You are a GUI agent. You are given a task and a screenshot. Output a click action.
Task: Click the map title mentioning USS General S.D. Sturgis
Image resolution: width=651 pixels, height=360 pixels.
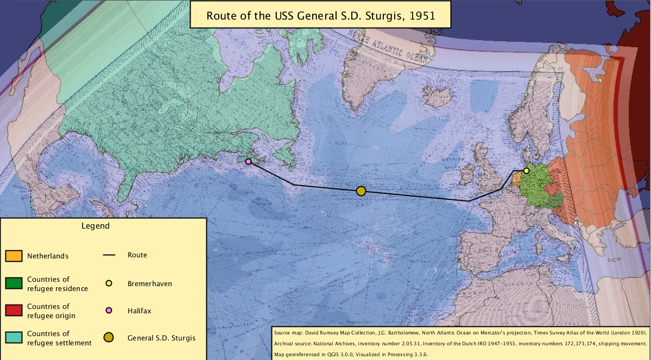click(320, 15)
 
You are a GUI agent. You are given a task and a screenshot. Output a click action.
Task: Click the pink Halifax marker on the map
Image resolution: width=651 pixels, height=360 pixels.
click(248, 161)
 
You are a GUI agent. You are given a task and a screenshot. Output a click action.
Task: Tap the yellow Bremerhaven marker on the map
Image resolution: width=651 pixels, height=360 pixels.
click(526, 170)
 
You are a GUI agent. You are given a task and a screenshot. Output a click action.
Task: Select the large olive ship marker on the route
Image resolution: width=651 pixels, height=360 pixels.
click(361, 191)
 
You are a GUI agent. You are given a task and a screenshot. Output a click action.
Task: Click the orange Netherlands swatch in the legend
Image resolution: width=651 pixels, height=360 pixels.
click(14, 255)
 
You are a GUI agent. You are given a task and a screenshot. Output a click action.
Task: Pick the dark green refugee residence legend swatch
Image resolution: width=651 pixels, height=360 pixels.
click(14, 283)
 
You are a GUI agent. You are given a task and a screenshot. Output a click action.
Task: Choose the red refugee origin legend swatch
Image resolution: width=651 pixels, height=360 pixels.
click(14, 311)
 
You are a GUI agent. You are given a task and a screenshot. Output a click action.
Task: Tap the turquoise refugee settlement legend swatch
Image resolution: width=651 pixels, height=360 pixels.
click(14, 338)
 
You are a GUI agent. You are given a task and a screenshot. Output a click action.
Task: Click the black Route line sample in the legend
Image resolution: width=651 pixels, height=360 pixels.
click(109, 255)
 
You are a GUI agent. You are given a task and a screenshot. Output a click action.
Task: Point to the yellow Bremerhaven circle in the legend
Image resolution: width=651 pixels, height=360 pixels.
click(109, 283)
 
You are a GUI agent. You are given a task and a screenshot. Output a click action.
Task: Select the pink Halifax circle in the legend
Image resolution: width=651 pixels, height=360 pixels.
click(109, 311)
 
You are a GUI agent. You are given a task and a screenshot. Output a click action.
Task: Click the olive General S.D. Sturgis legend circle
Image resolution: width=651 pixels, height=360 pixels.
click(109, 338)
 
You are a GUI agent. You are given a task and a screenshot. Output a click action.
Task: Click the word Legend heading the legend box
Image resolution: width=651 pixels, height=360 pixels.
click(96, 225)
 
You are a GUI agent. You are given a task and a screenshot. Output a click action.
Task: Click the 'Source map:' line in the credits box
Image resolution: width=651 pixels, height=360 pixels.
click(459, 331)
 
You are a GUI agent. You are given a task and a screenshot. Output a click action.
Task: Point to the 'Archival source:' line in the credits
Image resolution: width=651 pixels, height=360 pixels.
click(459, 343)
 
